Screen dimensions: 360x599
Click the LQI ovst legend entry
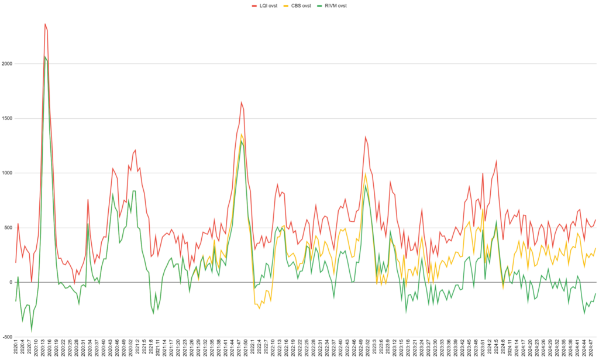[267, 5]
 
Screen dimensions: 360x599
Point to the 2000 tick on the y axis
[8, 64]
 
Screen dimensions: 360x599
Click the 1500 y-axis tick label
[8, 118]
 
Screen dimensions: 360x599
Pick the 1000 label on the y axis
[8, 173]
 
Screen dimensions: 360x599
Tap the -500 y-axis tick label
[8, 337]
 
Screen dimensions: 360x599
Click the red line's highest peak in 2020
[45, 24]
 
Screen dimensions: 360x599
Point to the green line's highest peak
[45, 56]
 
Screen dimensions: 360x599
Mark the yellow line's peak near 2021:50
[242, 134]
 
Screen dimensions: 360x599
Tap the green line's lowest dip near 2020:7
[32, 331]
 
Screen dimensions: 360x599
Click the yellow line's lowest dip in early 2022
[259, 308]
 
